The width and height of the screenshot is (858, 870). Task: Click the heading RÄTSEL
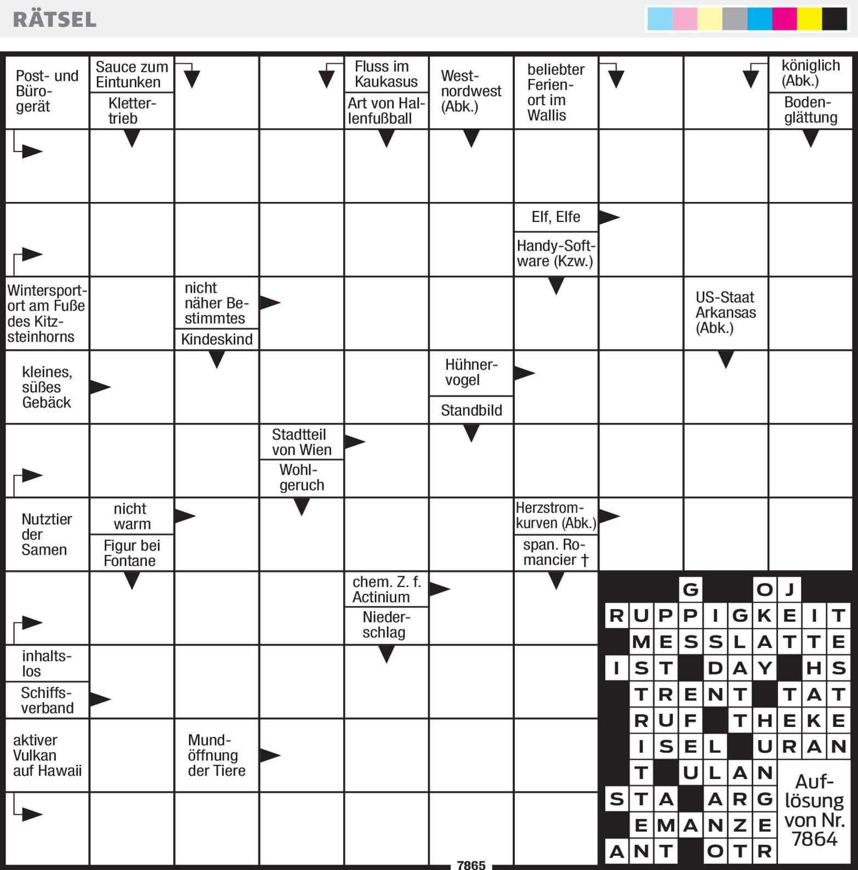pos(54,19)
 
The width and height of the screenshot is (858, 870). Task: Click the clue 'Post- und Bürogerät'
pos(47,91)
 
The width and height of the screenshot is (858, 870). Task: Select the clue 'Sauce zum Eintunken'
pos(132,75)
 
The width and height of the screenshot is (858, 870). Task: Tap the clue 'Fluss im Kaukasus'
pos(386,74)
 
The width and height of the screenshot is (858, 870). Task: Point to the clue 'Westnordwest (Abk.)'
pos(471,91)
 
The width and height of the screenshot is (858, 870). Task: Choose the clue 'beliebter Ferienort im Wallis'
pos(555,92)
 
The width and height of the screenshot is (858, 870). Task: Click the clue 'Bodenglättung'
pos(810,110)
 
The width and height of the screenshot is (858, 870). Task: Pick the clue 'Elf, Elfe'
pos(555,217)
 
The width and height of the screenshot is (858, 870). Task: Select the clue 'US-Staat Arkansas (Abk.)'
pos(725,312)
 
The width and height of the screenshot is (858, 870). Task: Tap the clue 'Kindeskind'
pos(217,339)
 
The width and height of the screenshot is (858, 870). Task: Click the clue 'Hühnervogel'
pos(471,373)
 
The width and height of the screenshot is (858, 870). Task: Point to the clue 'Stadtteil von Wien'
pos(302,442)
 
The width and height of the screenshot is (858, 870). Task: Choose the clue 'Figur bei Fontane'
pos(132,553)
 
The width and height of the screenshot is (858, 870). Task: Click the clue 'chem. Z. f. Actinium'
pos(386,589)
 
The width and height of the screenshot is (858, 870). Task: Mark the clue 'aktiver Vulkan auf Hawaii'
pos(47,755)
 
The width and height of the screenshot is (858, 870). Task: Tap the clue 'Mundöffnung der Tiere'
pos(217,755)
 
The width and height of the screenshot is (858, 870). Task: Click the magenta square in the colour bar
pos(784,19)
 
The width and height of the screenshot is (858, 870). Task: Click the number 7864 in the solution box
pos(814,839)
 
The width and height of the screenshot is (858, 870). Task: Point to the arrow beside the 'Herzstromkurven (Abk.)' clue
pos(609,516)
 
